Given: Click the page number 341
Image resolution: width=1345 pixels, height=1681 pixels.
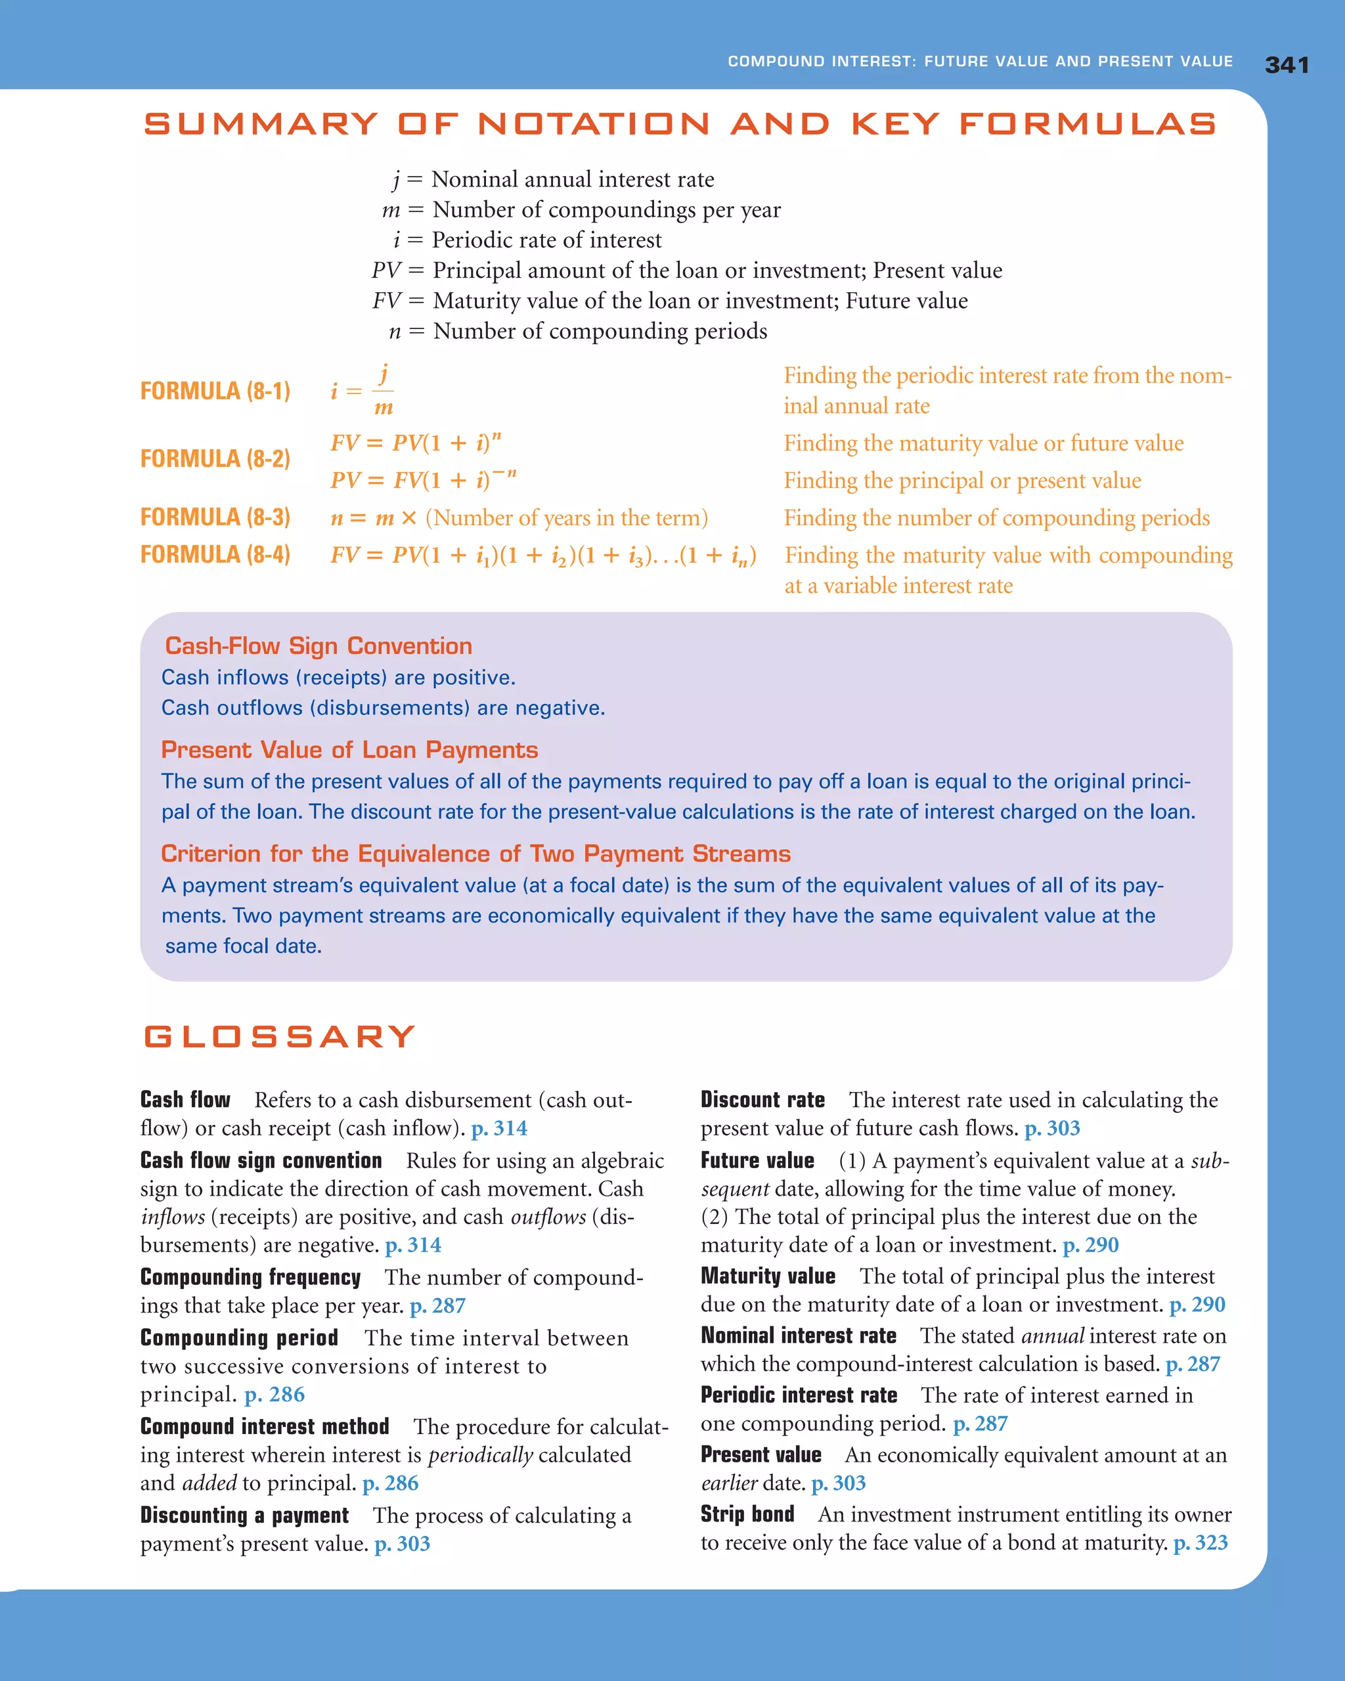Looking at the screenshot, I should (x=1287, y=65).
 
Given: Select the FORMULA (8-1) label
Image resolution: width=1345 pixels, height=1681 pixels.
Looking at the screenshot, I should (x=215, y=391).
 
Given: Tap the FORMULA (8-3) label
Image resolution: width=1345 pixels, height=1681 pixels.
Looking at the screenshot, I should (x=215, y=517).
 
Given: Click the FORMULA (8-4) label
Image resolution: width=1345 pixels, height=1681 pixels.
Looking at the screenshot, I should (x=215, y=554).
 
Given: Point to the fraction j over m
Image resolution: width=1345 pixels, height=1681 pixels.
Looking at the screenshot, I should (x=383, y=391).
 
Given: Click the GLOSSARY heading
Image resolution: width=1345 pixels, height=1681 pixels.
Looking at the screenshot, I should (x=279, y=1036).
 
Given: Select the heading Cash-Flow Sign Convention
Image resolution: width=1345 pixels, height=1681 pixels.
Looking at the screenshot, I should (x=318, y=645).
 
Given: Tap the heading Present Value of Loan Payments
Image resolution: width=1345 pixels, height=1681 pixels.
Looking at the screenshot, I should (x=349, y=749).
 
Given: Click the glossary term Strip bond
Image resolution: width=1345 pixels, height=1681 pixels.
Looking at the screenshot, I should (x=747, y=1514).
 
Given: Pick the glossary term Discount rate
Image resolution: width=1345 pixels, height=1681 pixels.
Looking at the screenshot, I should (x=762, y=1099).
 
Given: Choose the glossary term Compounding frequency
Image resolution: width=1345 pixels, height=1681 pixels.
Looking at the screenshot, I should (x=250, y=1277).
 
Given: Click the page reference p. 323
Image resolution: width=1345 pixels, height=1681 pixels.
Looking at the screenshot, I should (x=1200, y=1542).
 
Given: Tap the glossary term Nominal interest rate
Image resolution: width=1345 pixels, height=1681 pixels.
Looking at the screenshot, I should (x=798, y=1336).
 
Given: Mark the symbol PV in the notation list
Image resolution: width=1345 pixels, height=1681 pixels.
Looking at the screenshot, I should (x=386, y=271).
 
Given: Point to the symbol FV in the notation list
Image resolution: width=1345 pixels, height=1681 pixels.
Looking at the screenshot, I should (x=386, y=301).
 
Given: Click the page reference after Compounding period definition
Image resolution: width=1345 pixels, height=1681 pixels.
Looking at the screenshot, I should (x=275, y=1394).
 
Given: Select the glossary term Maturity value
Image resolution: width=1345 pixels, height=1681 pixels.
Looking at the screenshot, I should (x=767, y=1277).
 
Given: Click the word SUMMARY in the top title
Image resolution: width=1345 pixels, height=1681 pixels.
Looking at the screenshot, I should (x=261, y=123).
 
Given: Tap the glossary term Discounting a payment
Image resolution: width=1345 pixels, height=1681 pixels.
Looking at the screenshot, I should (x=244, y=1515).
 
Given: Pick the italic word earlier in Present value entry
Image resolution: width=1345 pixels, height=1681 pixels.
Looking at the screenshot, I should (x=729, y=1483).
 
